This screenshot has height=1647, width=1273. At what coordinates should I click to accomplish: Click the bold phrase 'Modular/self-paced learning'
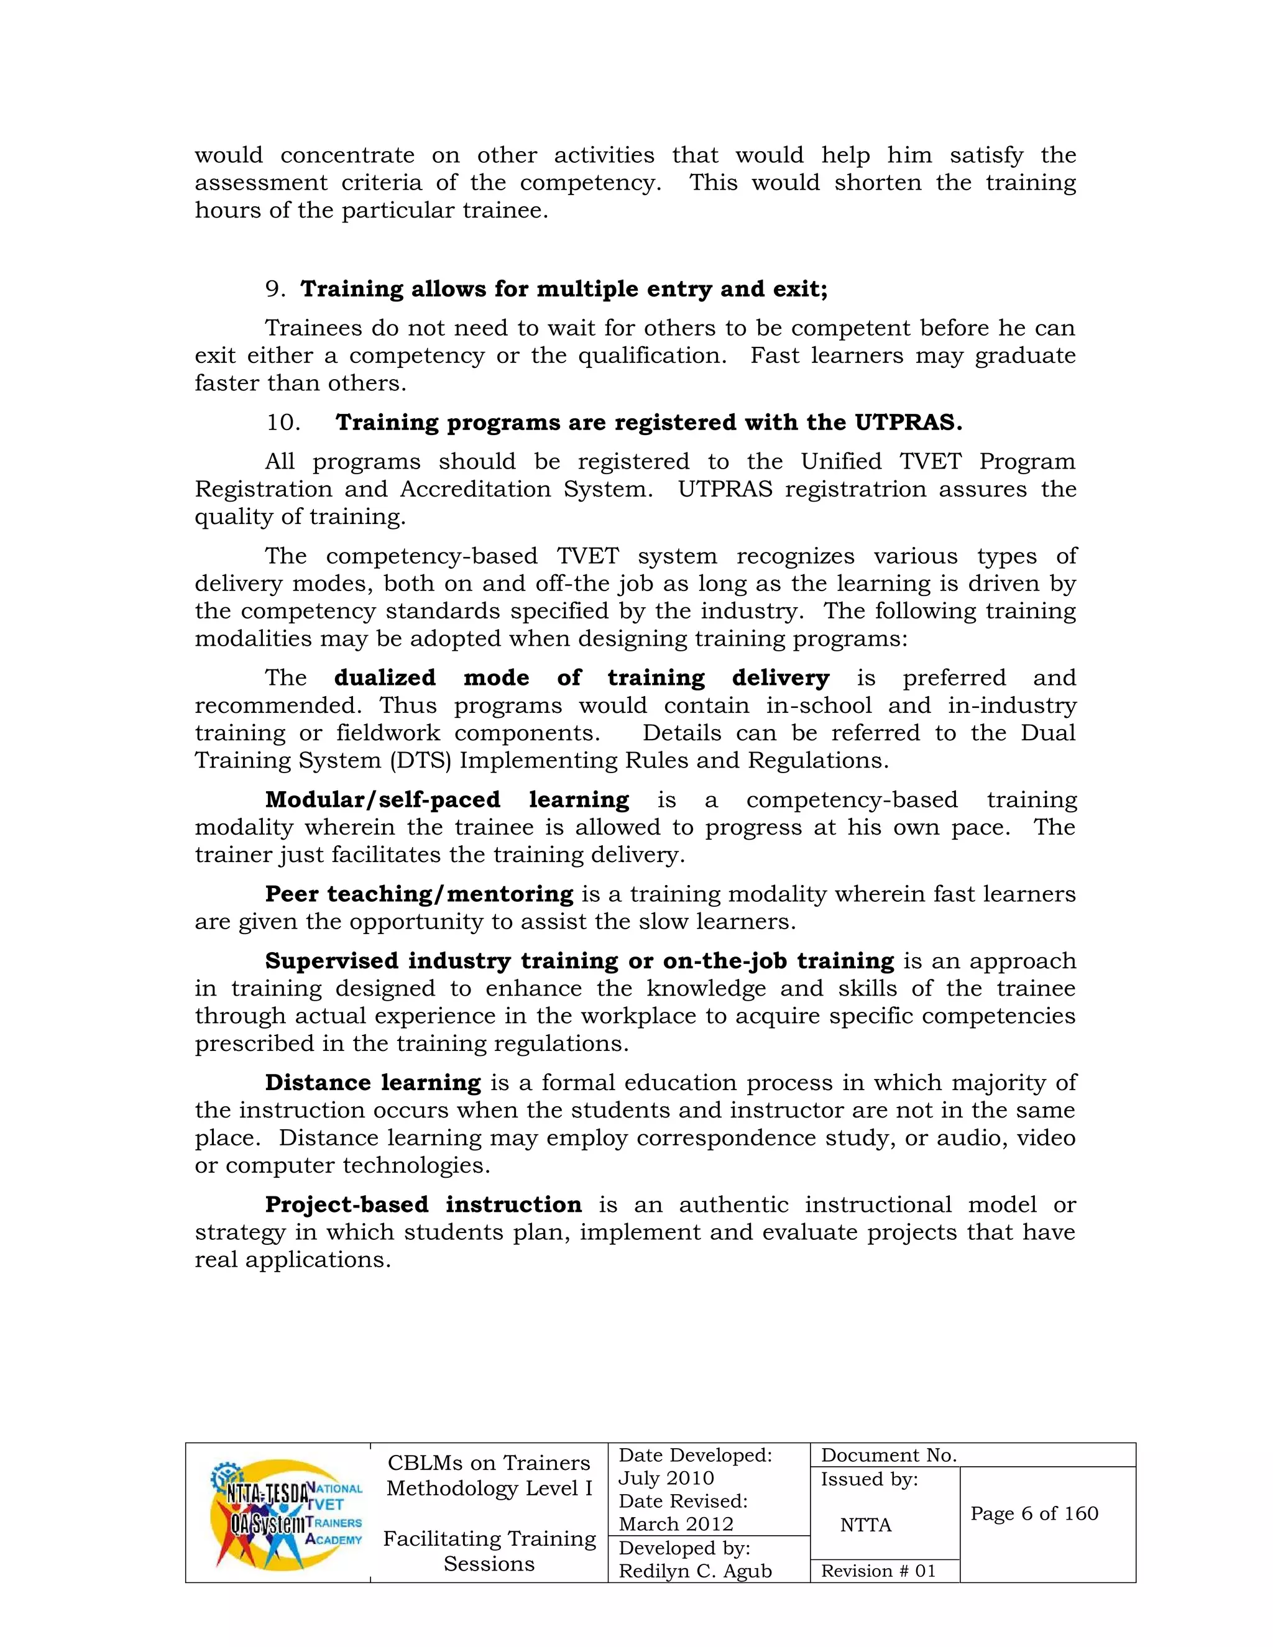click(446, 799)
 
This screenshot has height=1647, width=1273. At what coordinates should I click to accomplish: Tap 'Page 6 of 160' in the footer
click(1034, 1513)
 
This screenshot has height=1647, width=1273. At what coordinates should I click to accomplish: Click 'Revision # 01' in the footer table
click(878, 1571)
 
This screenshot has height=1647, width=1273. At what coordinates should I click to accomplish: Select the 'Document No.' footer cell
click(888, 1455)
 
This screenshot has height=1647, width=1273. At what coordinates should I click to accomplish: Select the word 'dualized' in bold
click(385, 677)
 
